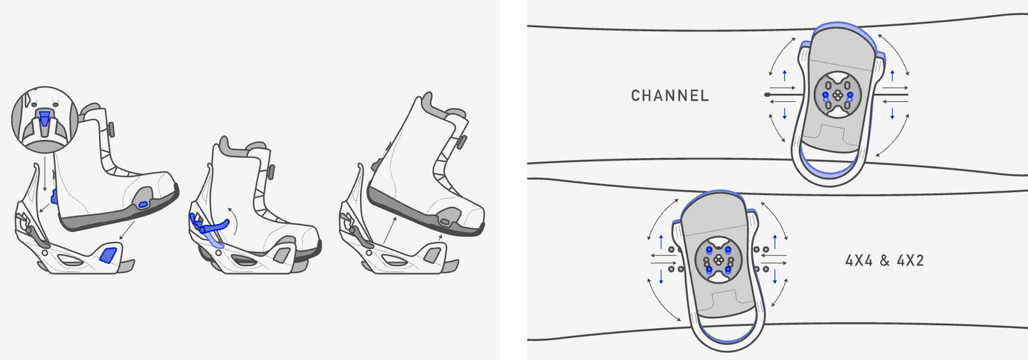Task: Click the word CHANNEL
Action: [x=670, y=95]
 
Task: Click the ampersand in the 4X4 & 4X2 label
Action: [x=885, y=261]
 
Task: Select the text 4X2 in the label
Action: [x=911, y=261]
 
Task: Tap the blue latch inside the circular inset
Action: [x=45, y=117]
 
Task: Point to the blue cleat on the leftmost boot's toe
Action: [x=143, y=204]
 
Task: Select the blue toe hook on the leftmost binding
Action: [x=108, y=255]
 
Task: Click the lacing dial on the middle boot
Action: [x=271, y=172]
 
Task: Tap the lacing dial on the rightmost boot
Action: [x=462, y=142]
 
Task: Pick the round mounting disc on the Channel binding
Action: [x=837, y=95]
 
